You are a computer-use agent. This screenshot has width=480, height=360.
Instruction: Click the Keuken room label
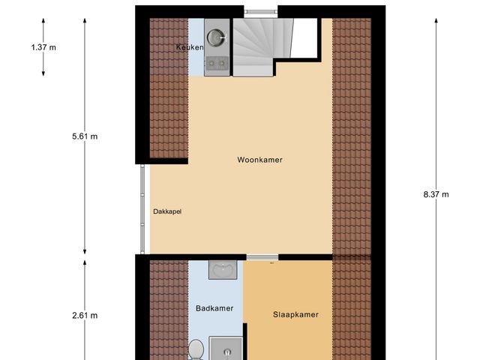pos(189,48)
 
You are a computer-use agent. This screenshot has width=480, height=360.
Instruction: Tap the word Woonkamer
pos(259,160)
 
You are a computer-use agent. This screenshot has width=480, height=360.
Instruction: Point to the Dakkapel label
pos(166,211)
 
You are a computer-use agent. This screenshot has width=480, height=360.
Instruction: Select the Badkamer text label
pos(214,308)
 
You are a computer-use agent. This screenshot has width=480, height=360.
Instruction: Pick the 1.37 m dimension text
pos(43,47)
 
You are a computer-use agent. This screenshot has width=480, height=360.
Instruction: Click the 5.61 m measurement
pos(85,136)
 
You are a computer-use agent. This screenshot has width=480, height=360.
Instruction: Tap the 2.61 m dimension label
pos(85,316)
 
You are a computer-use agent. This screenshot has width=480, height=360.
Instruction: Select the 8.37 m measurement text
pos(436,194)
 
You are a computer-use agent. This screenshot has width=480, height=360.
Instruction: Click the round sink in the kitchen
pos(217,36)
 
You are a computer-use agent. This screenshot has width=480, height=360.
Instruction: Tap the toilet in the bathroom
pos(197,349)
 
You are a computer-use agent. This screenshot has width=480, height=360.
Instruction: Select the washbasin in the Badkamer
pos(222,270)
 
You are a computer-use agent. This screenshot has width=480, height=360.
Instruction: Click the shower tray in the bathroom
pos(225,349)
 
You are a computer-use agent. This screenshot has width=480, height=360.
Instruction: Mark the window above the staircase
pos(260,10)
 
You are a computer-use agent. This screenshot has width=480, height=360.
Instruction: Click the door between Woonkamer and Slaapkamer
pos(262,258)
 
